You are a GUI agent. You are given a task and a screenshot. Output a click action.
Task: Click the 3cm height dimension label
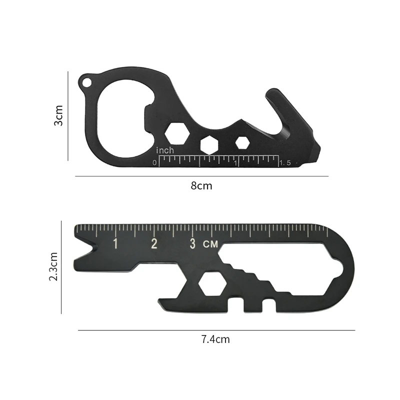(58, 115)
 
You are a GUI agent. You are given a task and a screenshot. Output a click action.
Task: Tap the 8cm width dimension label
(201, 185)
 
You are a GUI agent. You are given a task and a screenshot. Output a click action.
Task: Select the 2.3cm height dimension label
(53, 266)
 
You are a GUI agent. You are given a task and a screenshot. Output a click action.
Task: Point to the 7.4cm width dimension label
(215, 339)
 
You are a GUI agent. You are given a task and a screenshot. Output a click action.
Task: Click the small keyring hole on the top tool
(86, 82)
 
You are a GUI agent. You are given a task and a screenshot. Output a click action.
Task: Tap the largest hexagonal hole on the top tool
(177, 132)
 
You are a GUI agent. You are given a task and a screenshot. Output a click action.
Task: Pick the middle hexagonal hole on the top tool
(209, 145)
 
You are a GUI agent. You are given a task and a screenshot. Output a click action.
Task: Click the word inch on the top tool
(165, 150)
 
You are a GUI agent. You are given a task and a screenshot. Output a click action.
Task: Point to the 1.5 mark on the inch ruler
(285, 163)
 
